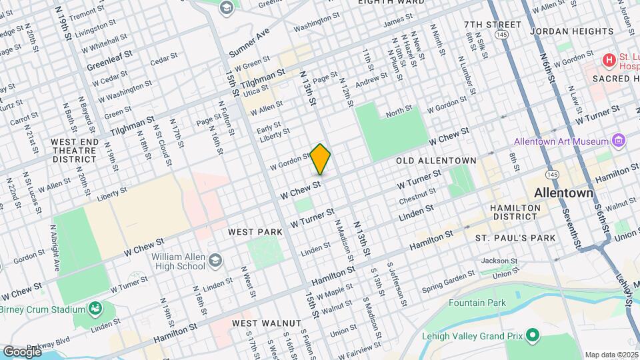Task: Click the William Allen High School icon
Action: (x=215, y=261)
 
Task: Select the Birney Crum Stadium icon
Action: (x=96, y=309)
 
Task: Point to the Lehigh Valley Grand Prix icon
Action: (x=532, y=335)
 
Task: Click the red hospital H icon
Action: (x=608, y=61)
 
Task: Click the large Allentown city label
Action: (x=563, y=193)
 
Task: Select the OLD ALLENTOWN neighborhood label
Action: (x=436, y=161)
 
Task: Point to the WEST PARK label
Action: (x=255, y=232)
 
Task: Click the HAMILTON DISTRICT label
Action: (x=515, y=212)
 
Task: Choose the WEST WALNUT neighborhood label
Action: (x=266, y=323)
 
